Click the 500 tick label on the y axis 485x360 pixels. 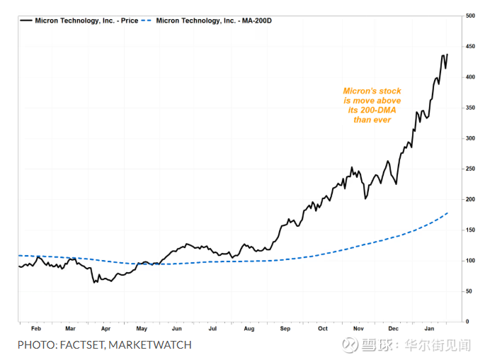(x=470, y=16)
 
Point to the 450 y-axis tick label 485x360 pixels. (x=470, y=46)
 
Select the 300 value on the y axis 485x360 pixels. (x=470, y=138)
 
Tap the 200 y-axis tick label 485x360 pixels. (x=470, y=199)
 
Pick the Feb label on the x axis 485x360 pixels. (x=35, y=329)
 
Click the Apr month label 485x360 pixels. (x=105, y=329)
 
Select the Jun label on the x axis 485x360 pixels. (x=177, y=329)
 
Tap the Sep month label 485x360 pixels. (x=285, y=329)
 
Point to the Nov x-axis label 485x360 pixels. (x=358, y=329)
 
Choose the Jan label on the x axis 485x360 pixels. (x=430, y=329)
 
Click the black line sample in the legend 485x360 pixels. (x=26, y=21)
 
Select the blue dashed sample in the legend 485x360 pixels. (x=146, y=21)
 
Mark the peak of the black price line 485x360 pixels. (x=447, y=55)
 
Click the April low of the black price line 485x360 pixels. (x=93, y=283)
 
